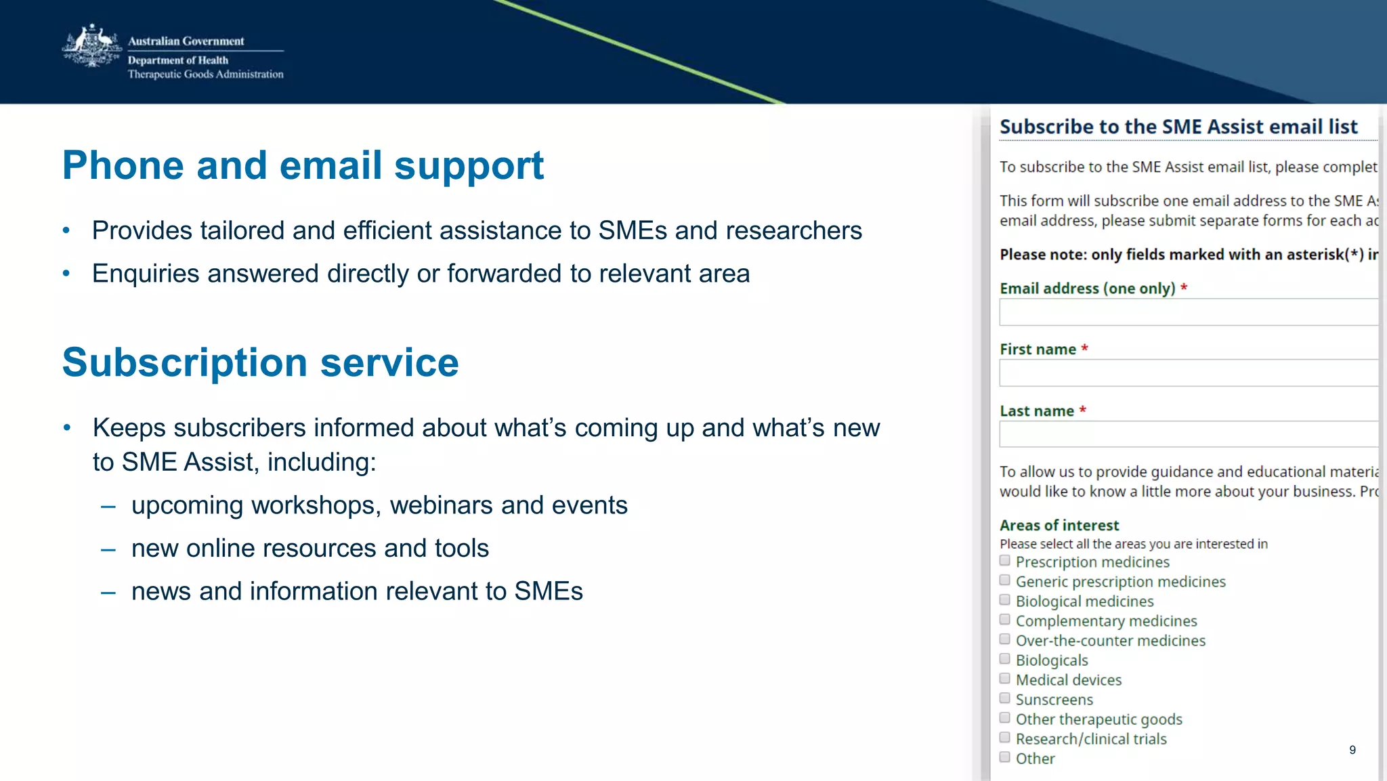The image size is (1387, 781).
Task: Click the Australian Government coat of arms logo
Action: click(91, 46)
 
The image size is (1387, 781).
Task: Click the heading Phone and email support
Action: click(303, 165)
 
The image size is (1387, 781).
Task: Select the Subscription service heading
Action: click(260, 362)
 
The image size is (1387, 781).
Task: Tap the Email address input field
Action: click(1189, 313)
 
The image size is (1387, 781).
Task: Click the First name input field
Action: click(1189, 373)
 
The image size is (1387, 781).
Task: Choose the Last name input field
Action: click(1189, 434)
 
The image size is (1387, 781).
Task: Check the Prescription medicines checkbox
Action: click(1005, 561)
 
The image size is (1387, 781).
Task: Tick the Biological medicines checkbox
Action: click(1005, 600)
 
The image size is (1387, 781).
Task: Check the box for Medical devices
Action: click(1005, 679)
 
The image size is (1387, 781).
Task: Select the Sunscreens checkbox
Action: click(1005, 698)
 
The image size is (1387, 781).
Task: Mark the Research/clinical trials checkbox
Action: click(1005, 738)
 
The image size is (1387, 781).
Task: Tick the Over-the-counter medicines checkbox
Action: click(1005, 639)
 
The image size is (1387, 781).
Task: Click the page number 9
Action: click(1352, 750)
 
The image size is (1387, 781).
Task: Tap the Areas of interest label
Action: click(1059, 526)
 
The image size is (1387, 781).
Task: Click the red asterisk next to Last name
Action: click(1083, 410)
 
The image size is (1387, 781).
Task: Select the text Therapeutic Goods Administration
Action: click(205, 75)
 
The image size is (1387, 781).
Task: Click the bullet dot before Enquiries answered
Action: click(66, 274)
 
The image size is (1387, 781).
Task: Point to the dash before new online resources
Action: click(108, 549)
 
